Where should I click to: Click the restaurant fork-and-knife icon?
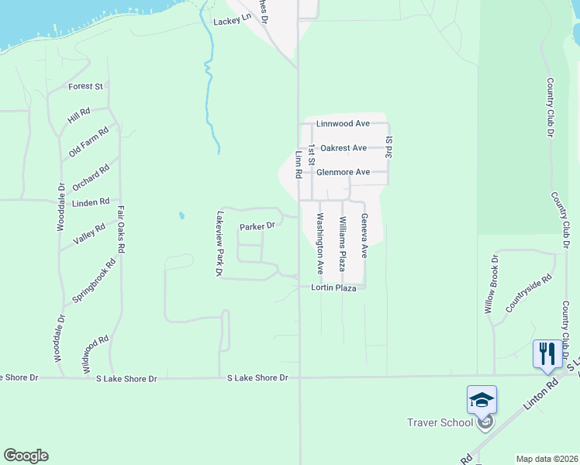547,354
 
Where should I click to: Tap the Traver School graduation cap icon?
482,400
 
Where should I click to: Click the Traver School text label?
440,422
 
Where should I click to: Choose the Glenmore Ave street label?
344,172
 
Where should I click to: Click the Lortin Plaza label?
333,288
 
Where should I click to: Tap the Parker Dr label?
257,226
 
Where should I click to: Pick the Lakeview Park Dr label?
219,244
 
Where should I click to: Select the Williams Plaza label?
341,243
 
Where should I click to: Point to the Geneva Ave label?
364,236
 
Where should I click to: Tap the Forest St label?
85,86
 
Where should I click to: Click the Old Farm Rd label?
89,143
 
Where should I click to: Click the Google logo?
26,456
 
